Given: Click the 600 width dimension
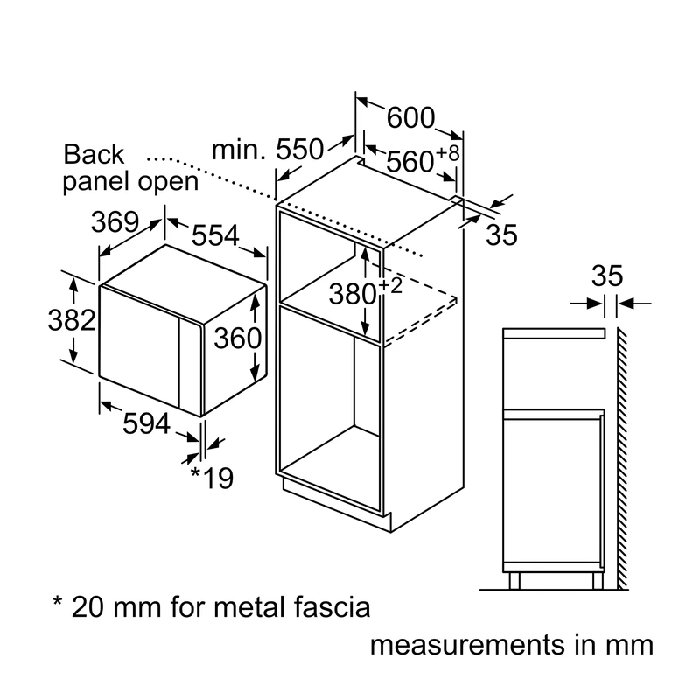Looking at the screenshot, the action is coord(410,117).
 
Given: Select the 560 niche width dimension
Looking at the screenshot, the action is coord(409,161).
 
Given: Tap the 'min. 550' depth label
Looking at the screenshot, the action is coord(268,149).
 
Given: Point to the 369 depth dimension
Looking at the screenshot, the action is coord(115,221).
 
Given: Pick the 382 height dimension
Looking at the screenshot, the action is coord(72,320).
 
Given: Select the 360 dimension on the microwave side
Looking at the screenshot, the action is coord(237,338).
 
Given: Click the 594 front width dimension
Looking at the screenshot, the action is coord(146,423).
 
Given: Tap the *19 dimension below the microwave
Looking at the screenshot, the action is coord(212,478).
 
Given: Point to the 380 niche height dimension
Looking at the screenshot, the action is coord(353,295).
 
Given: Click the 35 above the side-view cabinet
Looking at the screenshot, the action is coord(607,276).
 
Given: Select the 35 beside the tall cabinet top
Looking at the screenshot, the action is coord(501,234).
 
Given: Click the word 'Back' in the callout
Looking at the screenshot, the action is coord(94,155).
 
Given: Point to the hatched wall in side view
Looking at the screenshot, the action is coord(622,458).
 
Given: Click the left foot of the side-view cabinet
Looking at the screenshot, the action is coord(514,581).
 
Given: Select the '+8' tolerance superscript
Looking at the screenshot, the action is coord(448,153).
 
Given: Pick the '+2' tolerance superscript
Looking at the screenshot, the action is coord(391,285).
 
